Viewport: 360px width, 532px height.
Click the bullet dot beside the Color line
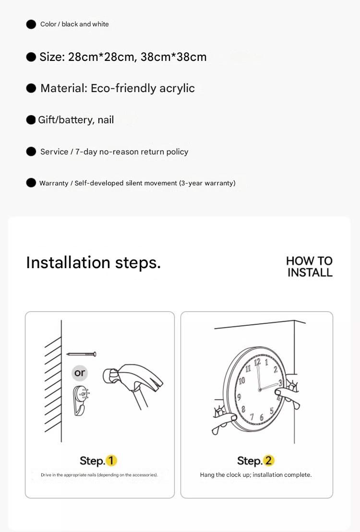31,24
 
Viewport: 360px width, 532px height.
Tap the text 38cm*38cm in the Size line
174,57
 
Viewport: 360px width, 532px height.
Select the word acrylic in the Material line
177,88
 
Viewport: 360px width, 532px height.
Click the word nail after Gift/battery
106,120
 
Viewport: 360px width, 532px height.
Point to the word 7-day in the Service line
86,152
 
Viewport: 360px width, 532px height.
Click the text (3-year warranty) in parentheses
207,183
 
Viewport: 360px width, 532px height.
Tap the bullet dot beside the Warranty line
31,183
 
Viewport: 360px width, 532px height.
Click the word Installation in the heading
68,262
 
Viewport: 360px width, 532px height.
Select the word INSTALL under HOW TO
310,272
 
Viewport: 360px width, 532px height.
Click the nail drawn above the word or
81,354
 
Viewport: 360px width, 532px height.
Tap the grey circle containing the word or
80,373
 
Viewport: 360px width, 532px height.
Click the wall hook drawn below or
81,401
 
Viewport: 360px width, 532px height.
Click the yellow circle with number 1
111,461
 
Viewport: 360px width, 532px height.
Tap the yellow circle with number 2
268,461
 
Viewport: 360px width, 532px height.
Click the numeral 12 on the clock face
257,362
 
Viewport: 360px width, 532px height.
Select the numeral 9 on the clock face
240,397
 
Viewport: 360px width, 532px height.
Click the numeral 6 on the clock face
262,417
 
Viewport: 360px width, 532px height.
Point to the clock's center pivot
260,390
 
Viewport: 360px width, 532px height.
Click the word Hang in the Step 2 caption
207,475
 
